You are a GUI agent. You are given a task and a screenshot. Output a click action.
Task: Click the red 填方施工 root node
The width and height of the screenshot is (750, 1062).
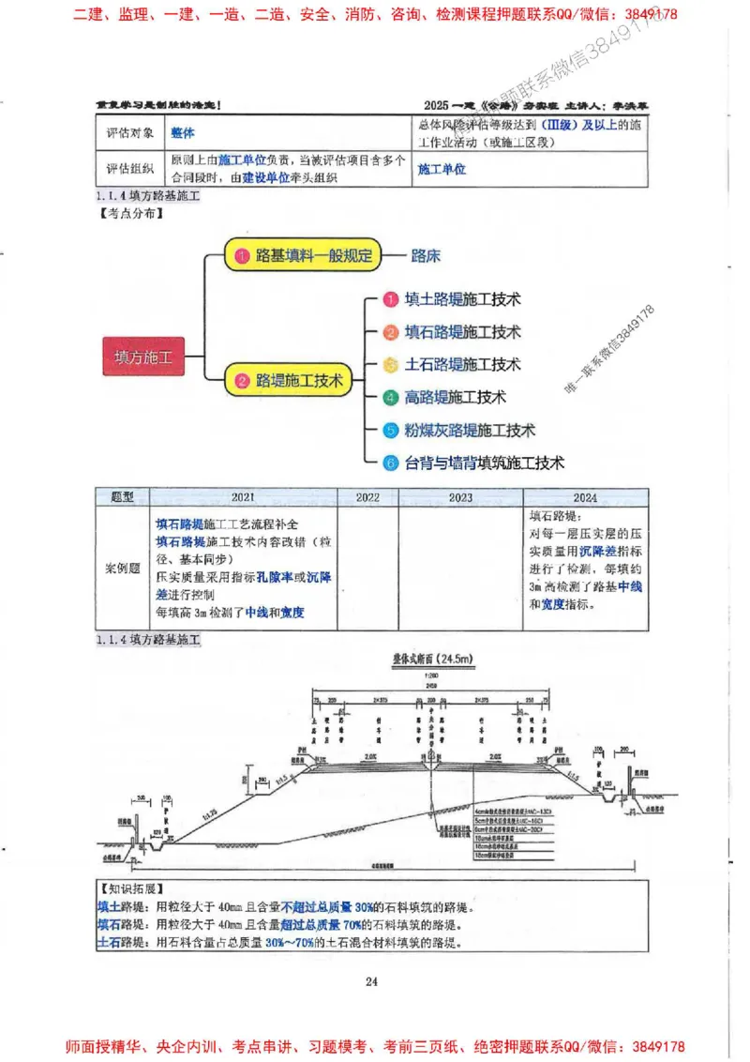[x=143, y=357]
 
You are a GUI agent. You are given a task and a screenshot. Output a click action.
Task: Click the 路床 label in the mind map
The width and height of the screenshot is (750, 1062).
[x=426, y=255]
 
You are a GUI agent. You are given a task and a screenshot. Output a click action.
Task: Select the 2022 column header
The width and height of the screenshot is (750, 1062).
[x=367, y=497]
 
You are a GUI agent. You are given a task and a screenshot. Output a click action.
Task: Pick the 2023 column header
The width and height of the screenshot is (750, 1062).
[x=460, y=497]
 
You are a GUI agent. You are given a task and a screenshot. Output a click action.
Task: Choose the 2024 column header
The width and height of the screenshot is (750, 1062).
[x=585, y=497]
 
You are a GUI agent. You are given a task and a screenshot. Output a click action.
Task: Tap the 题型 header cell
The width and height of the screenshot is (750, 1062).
[x=123, y=497]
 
